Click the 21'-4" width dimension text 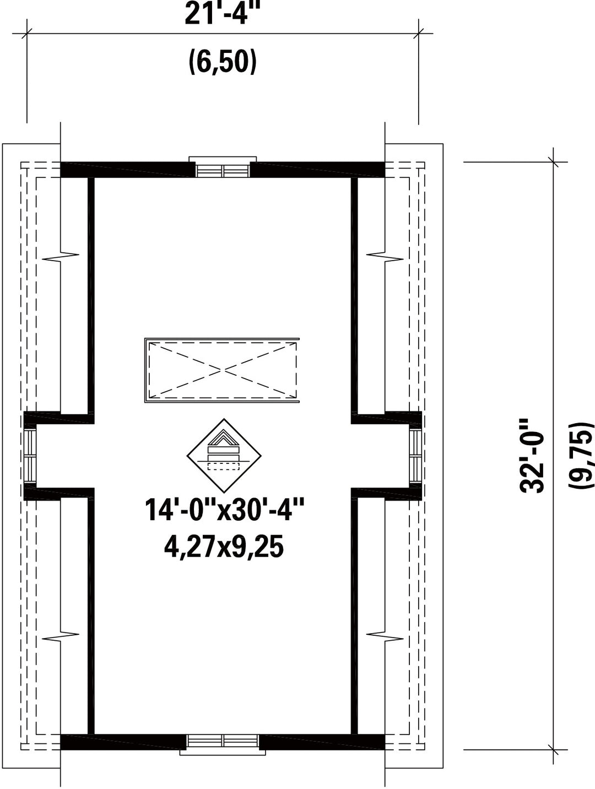click(x=221, y=14)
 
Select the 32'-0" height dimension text click(x=532, y=456)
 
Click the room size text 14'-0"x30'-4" click(x=225, y=509)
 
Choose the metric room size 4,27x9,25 click(x=224, y=547)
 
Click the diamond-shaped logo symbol click(x=224, y=456)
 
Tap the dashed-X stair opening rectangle click(x=222, y=370)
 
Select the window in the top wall click(x=223, y=167)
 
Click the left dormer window click(x=30, y=456)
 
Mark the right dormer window click(x=416, y=456)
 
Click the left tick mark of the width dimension click(x=26, y=34)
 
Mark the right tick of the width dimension click(x=418, y=34)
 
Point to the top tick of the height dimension click(x=553, y=162)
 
